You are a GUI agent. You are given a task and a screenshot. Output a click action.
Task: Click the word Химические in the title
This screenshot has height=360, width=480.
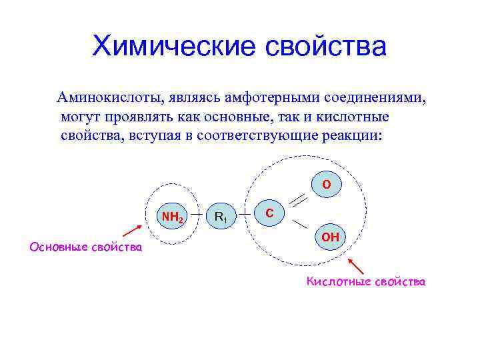coord(173,47)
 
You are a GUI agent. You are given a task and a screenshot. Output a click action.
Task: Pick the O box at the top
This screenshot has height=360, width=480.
coord(326,183)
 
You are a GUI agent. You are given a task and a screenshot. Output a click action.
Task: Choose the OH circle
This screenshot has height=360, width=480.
coord(330,237)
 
